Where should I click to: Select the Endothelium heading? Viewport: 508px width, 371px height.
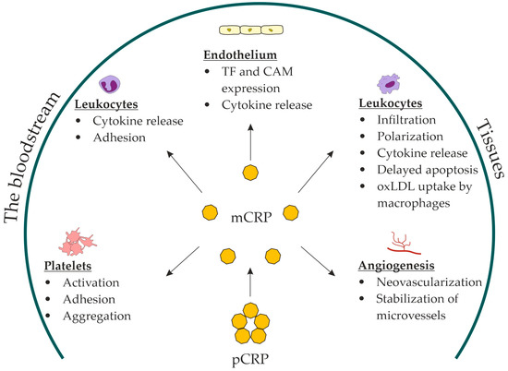(252, 56)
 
